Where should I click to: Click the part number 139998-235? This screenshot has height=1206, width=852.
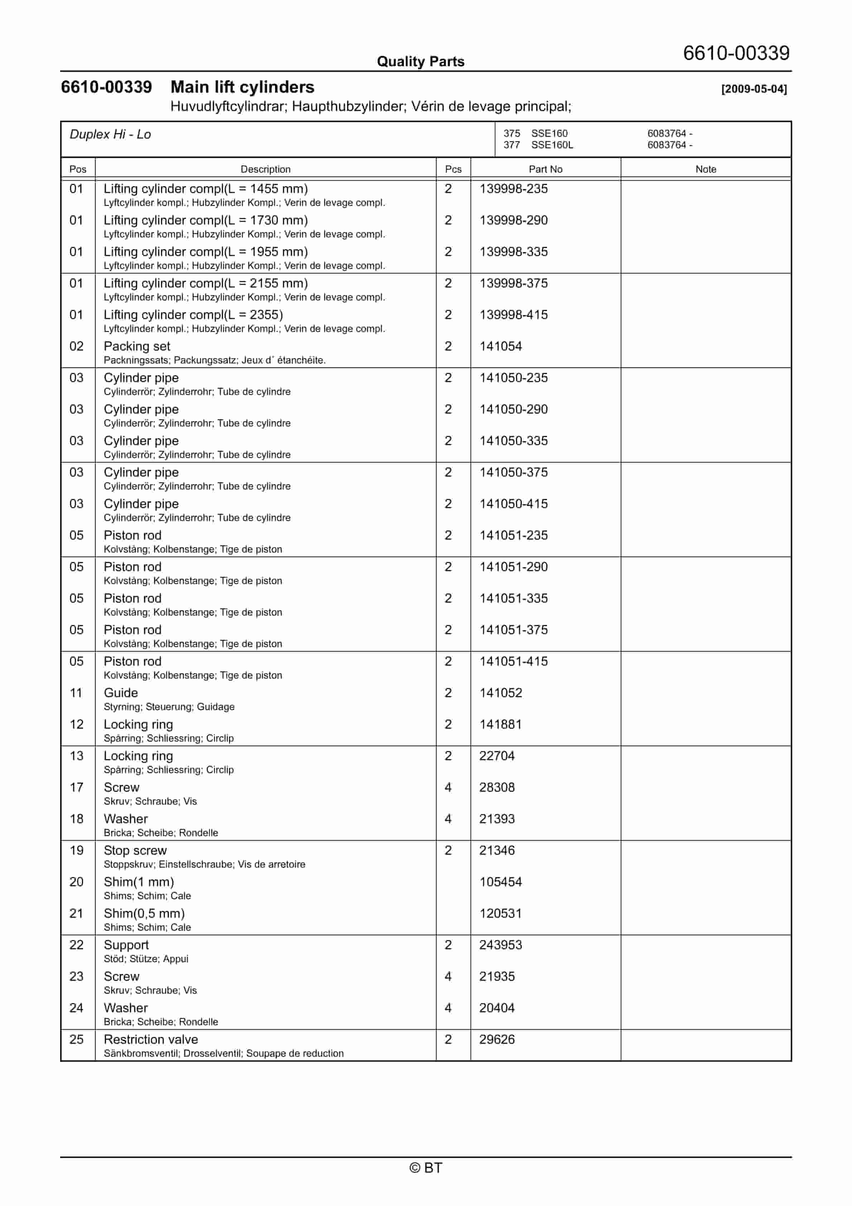click(x=513, y=189)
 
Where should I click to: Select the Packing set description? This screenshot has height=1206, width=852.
click(x=137, y=346)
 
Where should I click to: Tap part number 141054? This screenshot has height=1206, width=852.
click(x=500, y=346)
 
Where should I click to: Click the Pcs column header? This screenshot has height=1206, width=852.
click(x=453, y=169)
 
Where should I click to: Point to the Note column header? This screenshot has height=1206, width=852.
click(x=706, y=169)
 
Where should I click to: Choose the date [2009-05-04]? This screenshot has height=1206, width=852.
click(x=754, y=89)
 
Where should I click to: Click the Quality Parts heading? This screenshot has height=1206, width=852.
click(x=420, y=62)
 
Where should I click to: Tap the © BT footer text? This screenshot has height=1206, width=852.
click(x=426, y=1168)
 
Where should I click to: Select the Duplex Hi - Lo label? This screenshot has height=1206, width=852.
click(x=110, y=135)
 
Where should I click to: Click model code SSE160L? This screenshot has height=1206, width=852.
click(x=552, y=145)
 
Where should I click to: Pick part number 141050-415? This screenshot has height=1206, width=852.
click(x=513, y=504)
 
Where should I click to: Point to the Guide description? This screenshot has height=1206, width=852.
click(x=121, y=693)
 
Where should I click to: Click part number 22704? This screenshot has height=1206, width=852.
click(x=497, y=756)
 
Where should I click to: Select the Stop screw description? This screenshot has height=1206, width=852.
click(x=135, y=850)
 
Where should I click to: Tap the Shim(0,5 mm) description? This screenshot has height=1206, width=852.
click(x=144, y=913)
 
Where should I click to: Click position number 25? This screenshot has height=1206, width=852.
click(x=76, y=1039)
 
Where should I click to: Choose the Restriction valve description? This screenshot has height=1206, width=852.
click(x=151, y=1039)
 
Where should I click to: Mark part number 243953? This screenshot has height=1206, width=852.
click(x=500, y=945)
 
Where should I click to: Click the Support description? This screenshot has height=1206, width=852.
click(x=126, y=945)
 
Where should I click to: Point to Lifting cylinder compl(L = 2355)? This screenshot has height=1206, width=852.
click(x=193, y=315)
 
